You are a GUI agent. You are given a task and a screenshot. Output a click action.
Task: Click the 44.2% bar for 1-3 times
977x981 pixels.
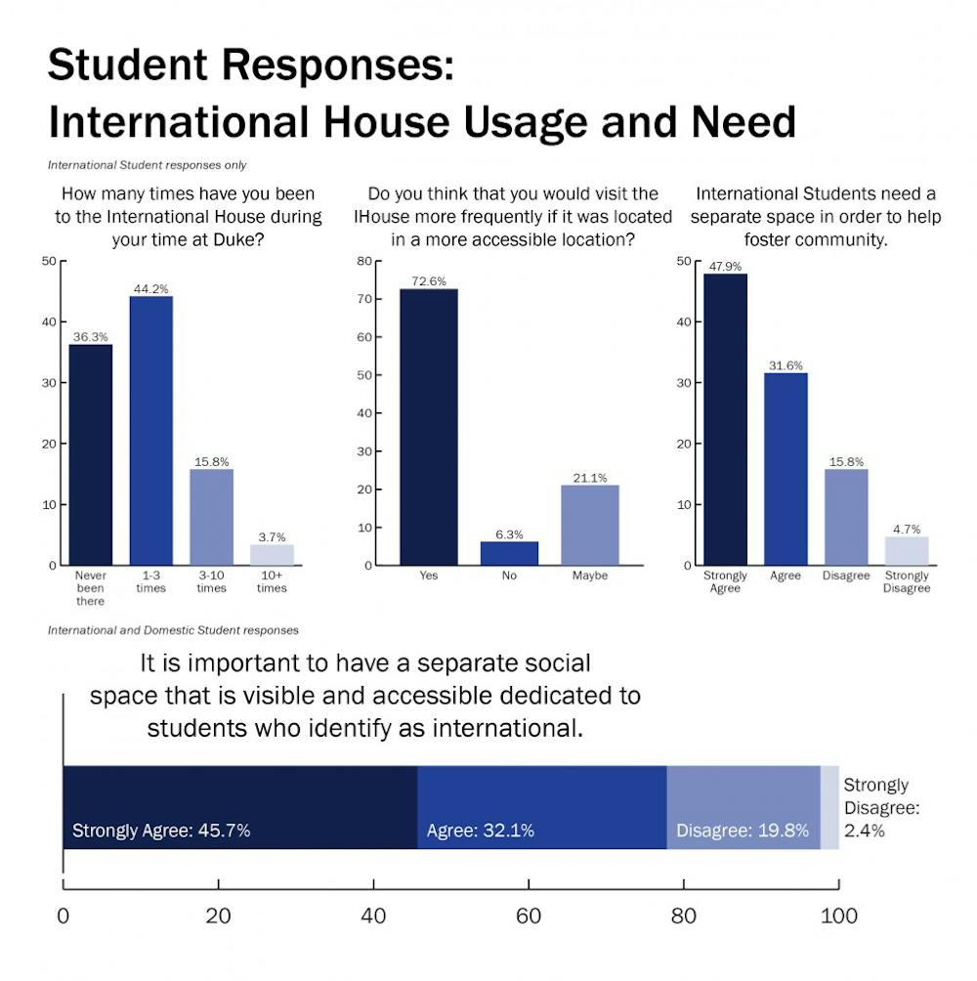[151, 430]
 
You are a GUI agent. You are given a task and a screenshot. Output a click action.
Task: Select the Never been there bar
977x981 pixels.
[91, 454]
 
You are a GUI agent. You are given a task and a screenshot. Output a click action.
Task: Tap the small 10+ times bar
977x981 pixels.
[272, 554]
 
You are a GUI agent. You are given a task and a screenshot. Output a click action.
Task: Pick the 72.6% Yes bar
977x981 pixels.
[429, 427]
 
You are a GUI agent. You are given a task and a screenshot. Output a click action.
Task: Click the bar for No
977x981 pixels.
[509, 553]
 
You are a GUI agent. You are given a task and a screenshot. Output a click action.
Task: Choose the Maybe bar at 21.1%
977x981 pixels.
[589, 525]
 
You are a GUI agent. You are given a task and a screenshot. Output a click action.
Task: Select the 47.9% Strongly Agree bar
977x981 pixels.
[725, 419]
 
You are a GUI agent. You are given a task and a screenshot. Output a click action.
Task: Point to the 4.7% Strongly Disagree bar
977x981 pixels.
[907, 550]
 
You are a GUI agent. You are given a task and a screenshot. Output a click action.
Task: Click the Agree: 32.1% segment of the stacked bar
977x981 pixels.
[541, 807]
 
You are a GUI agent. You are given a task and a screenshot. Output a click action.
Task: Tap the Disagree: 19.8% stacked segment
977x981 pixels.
[743, 807]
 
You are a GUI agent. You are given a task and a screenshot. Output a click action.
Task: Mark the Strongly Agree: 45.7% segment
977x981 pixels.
[239, 807]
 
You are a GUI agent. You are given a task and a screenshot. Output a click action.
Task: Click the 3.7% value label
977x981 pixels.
[272, 536]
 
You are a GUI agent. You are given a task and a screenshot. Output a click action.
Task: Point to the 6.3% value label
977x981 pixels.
[509, 533]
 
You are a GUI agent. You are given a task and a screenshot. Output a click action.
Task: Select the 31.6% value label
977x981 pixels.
[786, 365]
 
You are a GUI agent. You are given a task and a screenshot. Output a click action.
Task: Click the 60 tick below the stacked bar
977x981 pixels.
[529, 916]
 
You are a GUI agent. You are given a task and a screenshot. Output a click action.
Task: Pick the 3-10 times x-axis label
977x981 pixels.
[212, 582]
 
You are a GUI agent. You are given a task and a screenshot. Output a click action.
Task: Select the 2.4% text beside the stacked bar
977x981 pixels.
[864, 831]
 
